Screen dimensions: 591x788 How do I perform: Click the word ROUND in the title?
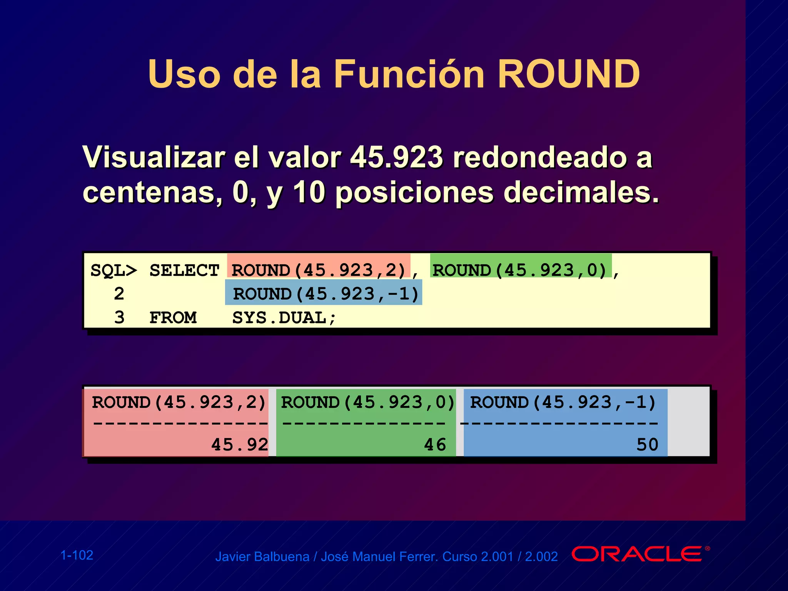pos(568,74)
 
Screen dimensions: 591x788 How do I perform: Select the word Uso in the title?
pos(184,74)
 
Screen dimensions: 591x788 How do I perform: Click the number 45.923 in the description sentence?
pos(397,157)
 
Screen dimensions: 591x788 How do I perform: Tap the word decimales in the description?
pos(581,192)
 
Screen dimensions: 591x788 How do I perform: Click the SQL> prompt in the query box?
pos(114,270)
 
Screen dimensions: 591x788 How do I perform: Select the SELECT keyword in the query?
pos(184,270)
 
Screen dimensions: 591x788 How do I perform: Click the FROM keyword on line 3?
pos(173,318)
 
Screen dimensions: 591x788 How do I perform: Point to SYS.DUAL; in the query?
pos(284,318)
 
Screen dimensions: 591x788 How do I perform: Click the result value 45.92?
pos(239,445)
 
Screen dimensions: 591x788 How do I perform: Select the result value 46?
pos(435,445)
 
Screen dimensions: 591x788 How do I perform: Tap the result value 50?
pos(647,445)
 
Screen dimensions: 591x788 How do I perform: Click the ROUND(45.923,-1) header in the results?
pos(563,402)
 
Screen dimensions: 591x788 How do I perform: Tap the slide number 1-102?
pos(77,555)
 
